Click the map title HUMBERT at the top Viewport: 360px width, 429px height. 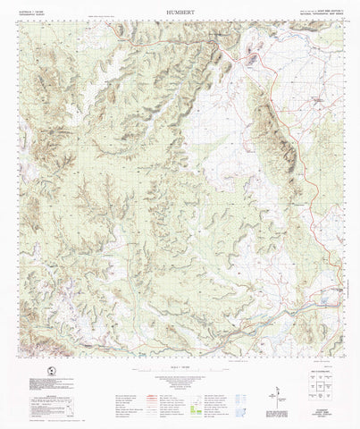180,13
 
